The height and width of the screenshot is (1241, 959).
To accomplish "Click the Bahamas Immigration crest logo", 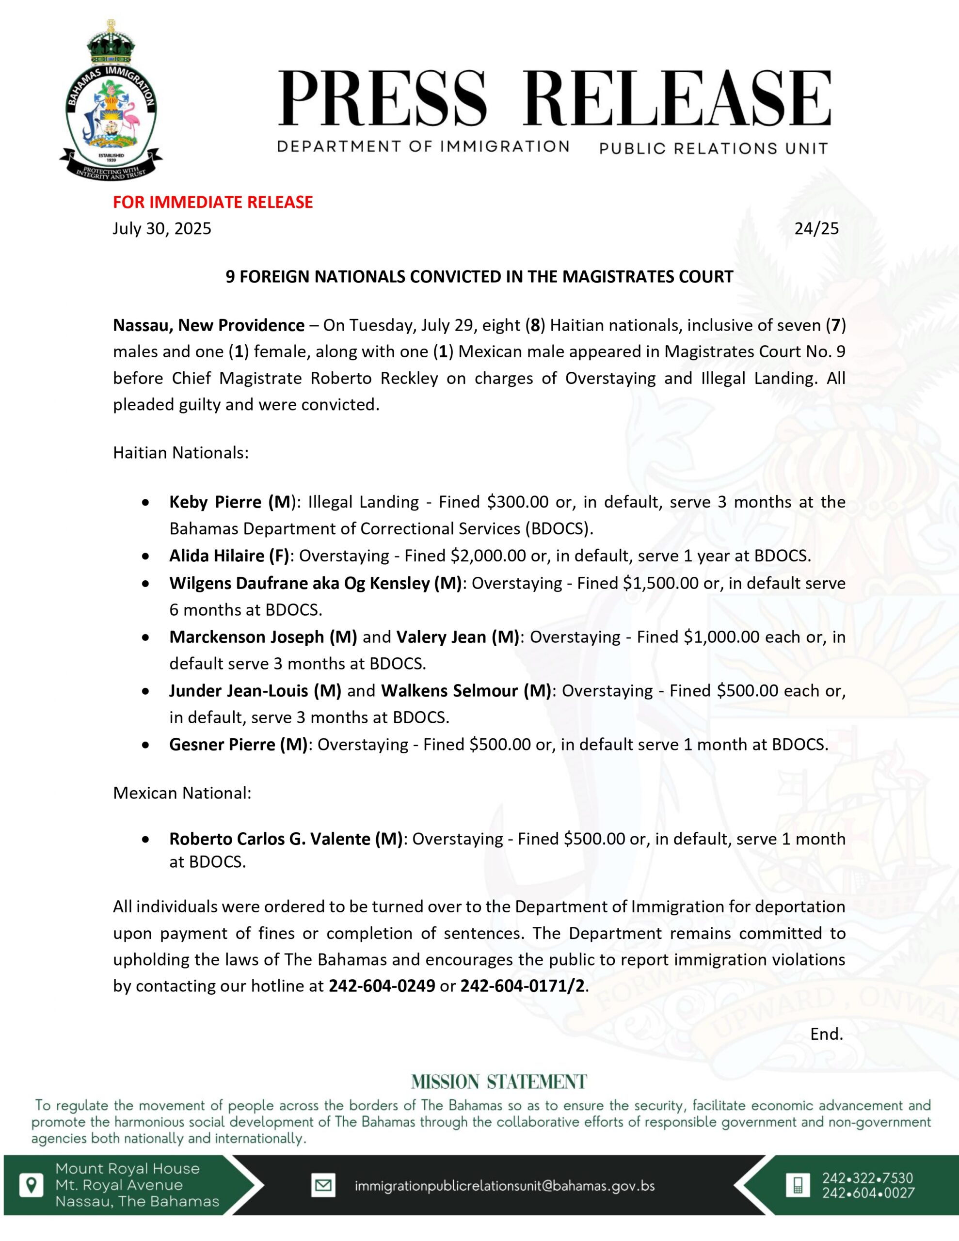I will pyautogui.click(x=111, y=102).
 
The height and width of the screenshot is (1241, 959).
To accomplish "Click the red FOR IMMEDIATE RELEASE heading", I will pyautogui.click(x=213, y=202).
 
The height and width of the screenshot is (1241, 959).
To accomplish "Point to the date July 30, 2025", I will pyautogui.click(x=162, y=228).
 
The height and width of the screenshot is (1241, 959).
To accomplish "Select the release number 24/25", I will pyautogui.click(x=816, y=228).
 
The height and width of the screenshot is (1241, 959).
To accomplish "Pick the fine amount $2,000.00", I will pyautogui.click(x=488, y=556).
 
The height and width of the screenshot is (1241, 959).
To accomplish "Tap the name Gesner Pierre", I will pyautogui.click(x=222, y=745).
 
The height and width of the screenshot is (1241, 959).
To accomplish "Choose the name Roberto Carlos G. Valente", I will pyautogui.click(x=270, y=839).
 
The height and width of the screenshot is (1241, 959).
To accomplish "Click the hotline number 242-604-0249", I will pyautogui.click(x=382, y=986).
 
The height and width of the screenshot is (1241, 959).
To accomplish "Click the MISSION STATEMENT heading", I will pyautogui.click(x=498, y=1082).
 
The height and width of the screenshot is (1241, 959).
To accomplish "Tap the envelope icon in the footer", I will pyautogui.click(x=323, y=1185).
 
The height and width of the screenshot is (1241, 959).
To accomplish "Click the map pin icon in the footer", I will pyautogui.click(x=31, y=1185).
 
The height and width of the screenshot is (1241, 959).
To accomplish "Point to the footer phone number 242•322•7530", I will pyautogui.click(x=867, y=1178).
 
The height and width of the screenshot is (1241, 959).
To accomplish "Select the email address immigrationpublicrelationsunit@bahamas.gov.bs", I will pyautogui.click(x=504, y=1186).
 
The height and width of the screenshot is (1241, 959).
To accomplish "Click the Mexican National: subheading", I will pyautogui.click(x=182, y=793).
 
